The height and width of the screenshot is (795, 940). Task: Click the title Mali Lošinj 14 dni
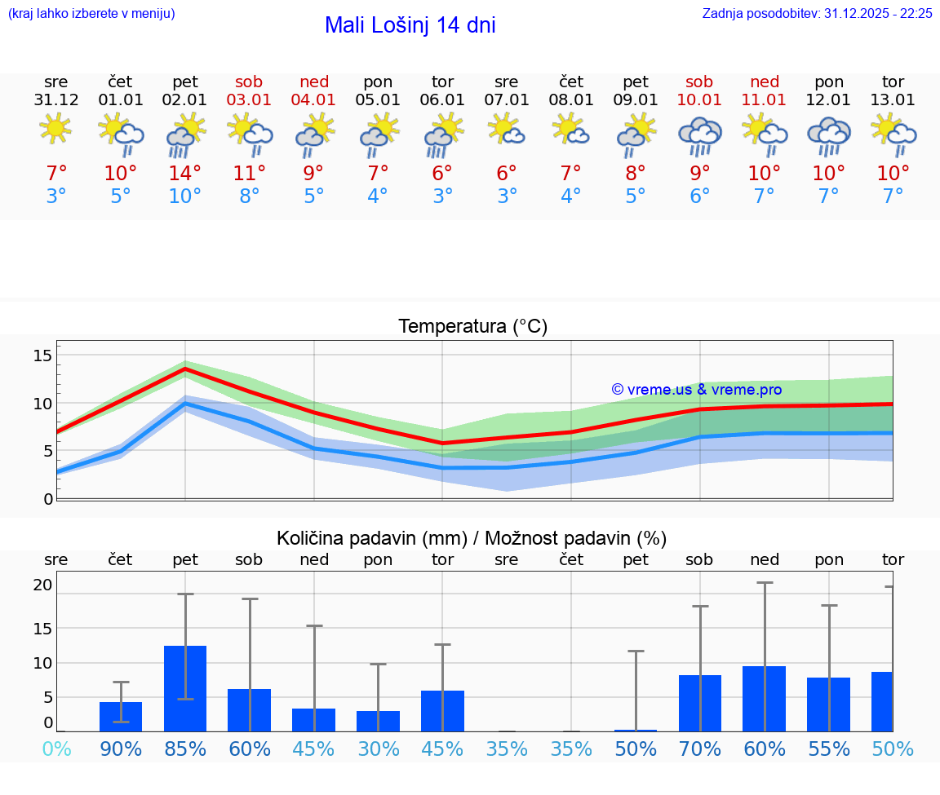coord(410,25)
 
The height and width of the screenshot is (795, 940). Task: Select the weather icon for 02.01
coord(185,135)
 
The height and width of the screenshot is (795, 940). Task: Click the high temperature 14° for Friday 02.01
coord(185,174)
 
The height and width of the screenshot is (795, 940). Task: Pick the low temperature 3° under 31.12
coord(56,197)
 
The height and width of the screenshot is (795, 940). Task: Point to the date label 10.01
coord(699,100)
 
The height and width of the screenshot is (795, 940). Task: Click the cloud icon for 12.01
coord(829,135)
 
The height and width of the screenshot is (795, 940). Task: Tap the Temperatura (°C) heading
coord(472,327)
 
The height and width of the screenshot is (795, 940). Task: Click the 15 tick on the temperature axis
coord(42,355)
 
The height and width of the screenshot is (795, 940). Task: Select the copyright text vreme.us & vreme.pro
coord(696,390)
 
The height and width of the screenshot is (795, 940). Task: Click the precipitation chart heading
coord(472,538)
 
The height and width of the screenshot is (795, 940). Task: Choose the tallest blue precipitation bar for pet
coord(185,688)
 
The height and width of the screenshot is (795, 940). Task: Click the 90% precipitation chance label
coord(121,749)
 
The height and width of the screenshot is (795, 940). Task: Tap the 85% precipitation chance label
coord(185,749)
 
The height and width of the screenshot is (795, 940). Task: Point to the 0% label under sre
coord(56,749)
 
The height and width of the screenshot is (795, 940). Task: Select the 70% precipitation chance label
coord(700,749)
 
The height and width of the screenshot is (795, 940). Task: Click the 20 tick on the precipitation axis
coord(42,585)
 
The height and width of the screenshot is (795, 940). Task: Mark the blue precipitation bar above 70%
coord(700,703)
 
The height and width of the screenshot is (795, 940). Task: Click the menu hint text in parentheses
coord(91,14)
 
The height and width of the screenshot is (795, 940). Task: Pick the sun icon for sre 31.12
coord(55,129)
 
